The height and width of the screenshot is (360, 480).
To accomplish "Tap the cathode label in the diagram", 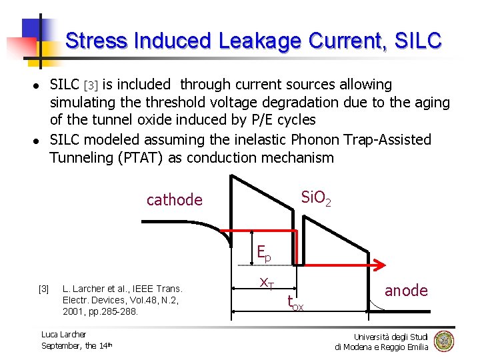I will click(x=174, y=199).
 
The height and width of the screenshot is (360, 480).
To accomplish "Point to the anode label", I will click(x=406, y=291).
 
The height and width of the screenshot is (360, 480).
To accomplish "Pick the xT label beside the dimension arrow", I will click(x=267, y=283).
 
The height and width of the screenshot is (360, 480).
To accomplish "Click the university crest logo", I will click(x=443, y=341).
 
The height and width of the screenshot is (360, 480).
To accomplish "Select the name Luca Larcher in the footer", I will click(x=63, y=334).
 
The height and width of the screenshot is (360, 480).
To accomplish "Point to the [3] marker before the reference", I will click(x=43, y=289).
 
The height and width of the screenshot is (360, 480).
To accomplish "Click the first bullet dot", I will click(x=37, y=86).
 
